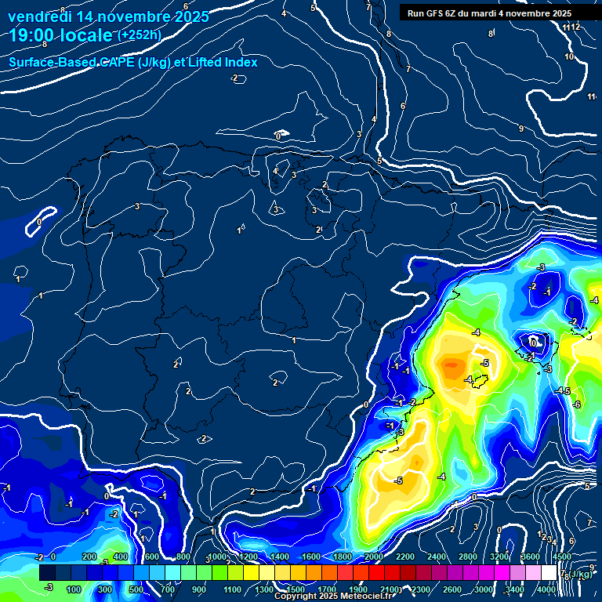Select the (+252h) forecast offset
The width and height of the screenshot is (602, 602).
pyautogui.click(x=140, y=35)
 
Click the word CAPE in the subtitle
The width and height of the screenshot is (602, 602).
pyautogui.click(x=113, y=63)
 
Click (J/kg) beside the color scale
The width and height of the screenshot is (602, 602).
pyautogui.click(x=580, y=575)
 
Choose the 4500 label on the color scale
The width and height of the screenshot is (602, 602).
pyautogui.click(x=562, y=557)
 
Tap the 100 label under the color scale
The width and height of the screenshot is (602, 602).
pyautogui.click(x=74, y=589)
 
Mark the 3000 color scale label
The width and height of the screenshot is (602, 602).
pyautogui.click(x=484, y=589)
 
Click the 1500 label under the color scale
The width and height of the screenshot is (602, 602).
pyautogui.click(x=296, y=589)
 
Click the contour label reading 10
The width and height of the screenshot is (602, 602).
pyautogui.click(x=569, y=57)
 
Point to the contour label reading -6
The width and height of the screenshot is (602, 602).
pyautogui.click(x=577, y=404)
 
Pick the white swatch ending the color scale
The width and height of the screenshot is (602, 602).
pyautogui.click(x=570, y=573)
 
